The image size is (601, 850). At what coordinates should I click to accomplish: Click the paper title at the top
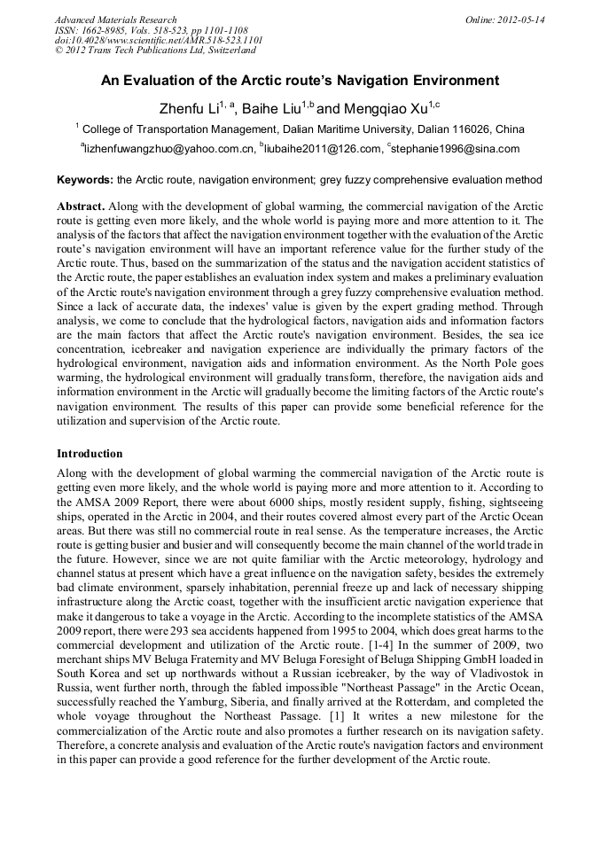tap(300, 81)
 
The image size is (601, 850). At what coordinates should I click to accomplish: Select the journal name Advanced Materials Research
tap(115, 19)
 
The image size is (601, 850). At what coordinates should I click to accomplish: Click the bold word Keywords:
tap(85, 180)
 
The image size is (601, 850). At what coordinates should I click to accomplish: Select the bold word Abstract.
tap(81, 207)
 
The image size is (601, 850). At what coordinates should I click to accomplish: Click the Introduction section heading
tap(90, 454)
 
